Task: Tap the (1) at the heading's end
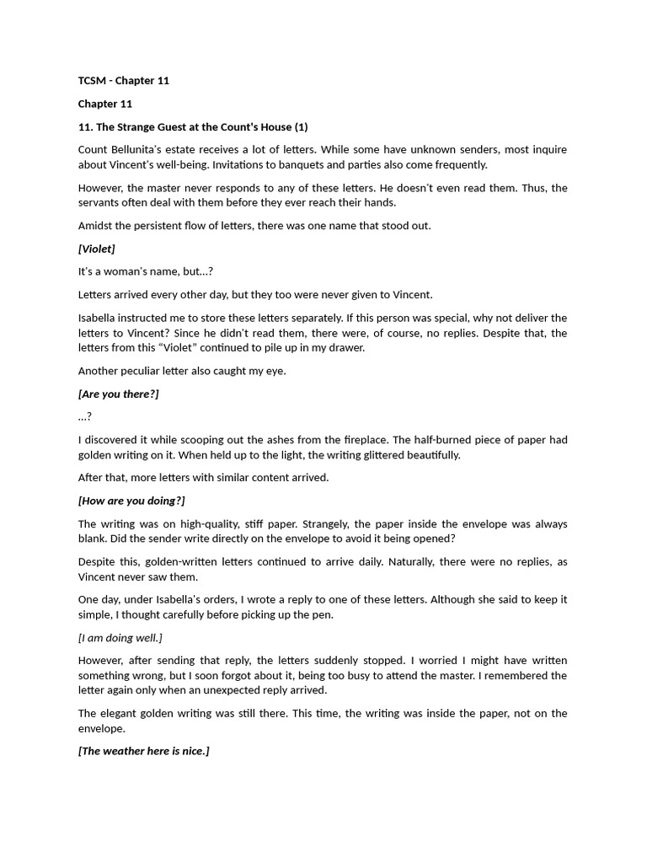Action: pos(301,127)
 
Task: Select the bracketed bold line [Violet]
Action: pos(96,249)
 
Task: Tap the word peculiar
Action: pos(143,371)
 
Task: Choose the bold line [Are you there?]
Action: pos(118,394)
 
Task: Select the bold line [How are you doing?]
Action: pos(131,501)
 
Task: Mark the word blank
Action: pos(93,539)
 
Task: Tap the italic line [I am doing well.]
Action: pos(120,637)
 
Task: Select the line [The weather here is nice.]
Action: pos(143,751)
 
